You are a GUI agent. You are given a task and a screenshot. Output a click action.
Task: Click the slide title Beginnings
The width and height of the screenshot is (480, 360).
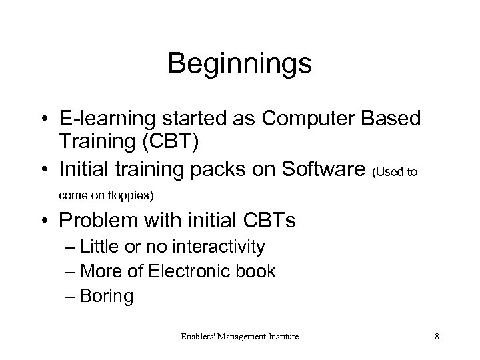click(x=239, y=64)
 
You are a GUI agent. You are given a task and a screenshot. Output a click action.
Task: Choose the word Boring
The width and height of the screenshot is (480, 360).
click(x=106, y=295)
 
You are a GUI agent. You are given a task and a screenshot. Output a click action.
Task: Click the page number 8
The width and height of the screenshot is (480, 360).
click(x=436, y=337)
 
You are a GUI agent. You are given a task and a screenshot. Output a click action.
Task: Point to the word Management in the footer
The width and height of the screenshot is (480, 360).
click(x=237, y=337)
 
